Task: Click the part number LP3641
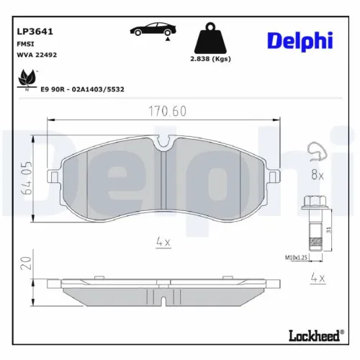pyautogui.click(x=32, y=32)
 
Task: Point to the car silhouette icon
pyautogui.click(x=152, y=31)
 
